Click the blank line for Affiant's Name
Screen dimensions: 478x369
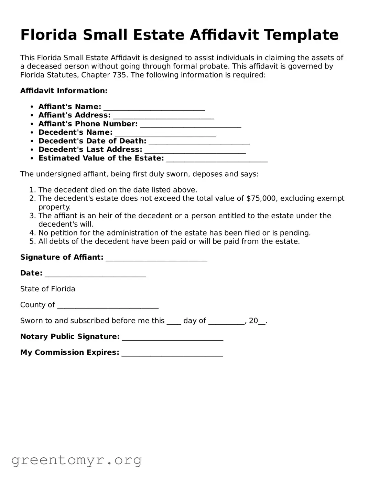[154, 108]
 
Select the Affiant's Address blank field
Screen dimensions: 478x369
[163, 116]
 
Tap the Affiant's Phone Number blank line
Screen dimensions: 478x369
[191, 125]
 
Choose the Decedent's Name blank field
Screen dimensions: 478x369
[165, 134]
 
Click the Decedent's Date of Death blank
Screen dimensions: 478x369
[199, 142]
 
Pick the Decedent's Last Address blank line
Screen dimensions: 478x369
[195, 151]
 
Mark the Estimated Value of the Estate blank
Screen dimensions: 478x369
[217, 159]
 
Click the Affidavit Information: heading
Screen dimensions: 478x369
[64, 91]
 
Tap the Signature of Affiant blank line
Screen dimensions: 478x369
[156, 259]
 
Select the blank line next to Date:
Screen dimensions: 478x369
[95, 274]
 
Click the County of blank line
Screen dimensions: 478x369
[108, 306]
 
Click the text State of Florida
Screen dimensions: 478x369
[47, 289]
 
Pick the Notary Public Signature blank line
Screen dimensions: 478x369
[173, 338]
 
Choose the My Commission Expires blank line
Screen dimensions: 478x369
[172, 354]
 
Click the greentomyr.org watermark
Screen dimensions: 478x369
[76, 460]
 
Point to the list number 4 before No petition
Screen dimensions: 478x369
[32, 233]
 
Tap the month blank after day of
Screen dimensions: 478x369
[226, 322]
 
